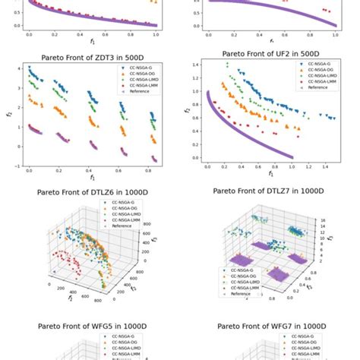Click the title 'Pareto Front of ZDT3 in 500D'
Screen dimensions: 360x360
pyautogui.click(x=91, y=56)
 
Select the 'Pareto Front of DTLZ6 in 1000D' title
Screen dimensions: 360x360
pyautogui.click(x=91, y=192)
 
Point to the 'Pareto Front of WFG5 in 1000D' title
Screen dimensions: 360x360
pyautogui.click(x=91, y=326)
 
